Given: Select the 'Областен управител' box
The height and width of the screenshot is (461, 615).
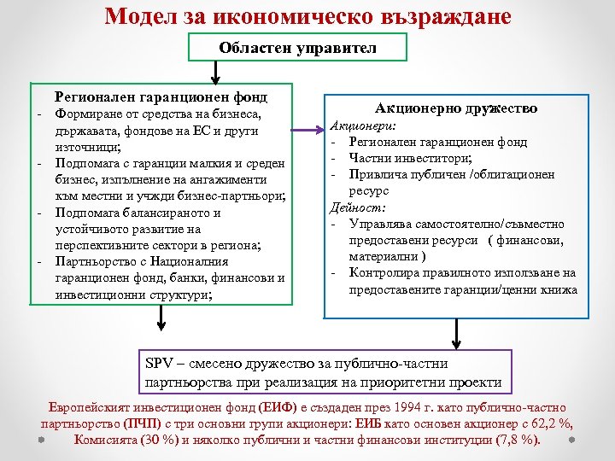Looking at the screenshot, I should [x=297, y=48].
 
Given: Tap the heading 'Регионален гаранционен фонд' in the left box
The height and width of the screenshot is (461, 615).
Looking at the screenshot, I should [x=161, y=97].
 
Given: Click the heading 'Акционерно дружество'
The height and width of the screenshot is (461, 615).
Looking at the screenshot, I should [x=456, y=108].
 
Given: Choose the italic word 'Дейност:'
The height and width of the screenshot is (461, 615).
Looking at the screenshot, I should [x=354, y=207].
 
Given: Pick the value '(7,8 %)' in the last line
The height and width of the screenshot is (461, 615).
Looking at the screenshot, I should [x=516, y=441].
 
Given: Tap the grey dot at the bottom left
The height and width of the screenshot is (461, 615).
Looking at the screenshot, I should [x=40, y=441].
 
